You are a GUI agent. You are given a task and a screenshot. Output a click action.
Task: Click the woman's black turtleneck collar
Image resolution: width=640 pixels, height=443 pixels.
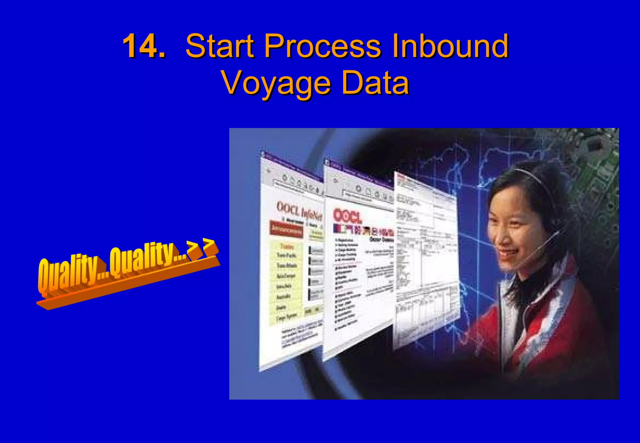(x=528, y=283)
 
